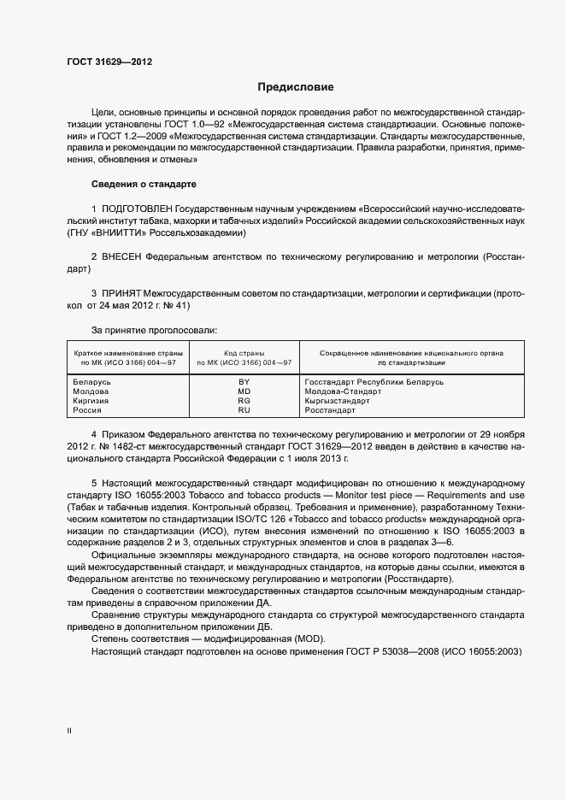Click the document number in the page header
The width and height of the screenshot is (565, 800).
coord(110,62)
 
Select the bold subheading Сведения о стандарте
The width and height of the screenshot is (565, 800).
coord(144,185)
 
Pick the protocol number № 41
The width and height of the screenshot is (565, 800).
coord(175,305)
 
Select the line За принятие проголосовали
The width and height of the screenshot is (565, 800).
coord(154,329)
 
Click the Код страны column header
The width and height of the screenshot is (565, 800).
coord(244,352)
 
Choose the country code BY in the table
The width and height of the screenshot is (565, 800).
coord(244,382)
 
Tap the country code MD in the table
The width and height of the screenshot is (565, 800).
coord(244,391)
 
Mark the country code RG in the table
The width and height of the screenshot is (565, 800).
coord(244,401)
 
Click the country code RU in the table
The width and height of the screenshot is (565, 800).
coord(244,410)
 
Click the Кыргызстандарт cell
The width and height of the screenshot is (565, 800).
coord(337,401)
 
